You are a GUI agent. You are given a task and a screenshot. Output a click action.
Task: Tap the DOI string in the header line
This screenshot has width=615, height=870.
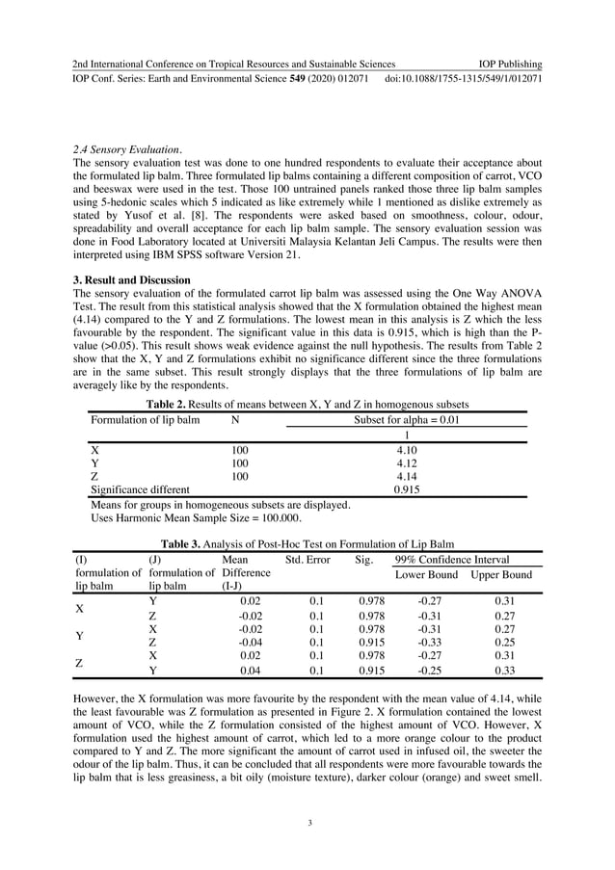[463, 78]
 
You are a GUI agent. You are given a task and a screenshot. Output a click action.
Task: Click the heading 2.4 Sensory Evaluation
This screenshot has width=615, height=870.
[127, 150]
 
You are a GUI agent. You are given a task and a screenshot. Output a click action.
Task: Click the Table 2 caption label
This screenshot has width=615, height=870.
[166, 404]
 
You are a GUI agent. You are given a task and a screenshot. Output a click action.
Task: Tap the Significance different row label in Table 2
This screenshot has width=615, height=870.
[140, 489]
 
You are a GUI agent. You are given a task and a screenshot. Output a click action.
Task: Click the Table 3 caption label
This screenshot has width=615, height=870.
[182, 543]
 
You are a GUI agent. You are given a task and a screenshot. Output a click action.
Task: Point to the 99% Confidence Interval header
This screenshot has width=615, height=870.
[452, 559]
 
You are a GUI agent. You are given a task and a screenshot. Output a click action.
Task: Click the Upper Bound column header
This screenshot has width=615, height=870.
[500, 575]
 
